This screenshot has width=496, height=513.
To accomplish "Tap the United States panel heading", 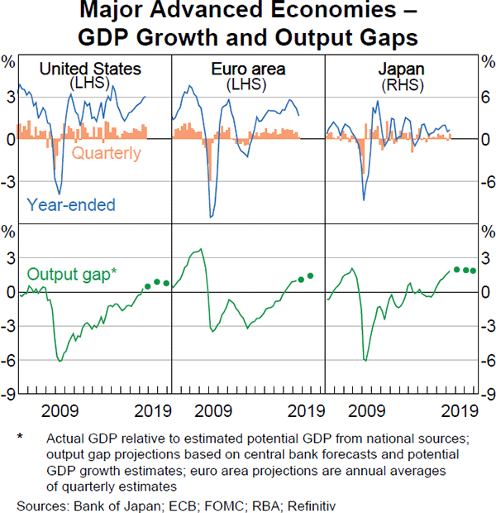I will (x=90, y=69).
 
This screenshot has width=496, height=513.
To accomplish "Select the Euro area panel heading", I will (x=248, y=69).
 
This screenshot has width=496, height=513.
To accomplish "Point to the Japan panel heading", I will (x=401, y=69).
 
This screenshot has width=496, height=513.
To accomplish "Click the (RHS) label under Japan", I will (x=401, y=85).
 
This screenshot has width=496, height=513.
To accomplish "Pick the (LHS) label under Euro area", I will (x=248, y=85).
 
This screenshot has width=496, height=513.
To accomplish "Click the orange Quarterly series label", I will (x=107, y=153).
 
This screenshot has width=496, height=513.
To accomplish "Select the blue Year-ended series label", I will (x=71, y=204).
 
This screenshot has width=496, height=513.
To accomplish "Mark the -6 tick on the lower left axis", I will (x=9, y=361).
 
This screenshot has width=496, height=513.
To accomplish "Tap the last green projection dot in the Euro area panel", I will (x=311, y=276).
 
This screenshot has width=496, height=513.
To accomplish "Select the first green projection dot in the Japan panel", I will (x=456, y=269).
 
